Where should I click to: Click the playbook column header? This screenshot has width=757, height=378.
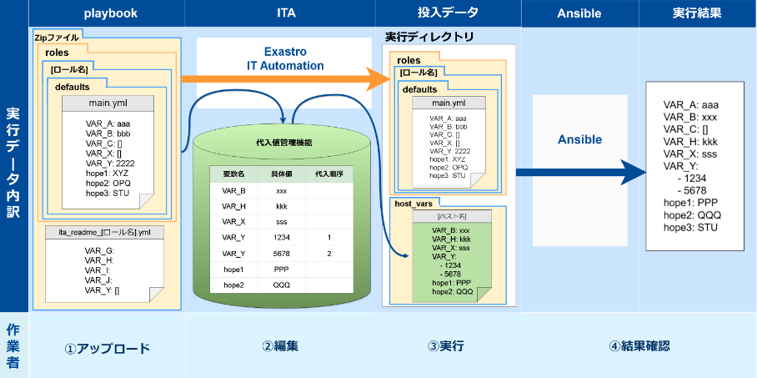(110, 13)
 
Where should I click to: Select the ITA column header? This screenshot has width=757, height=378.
(285, 13)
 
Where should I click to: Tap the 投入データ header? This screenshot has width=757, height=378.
(447, 13)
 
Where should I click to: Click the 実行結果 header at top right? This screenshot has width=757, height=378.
(697, 13)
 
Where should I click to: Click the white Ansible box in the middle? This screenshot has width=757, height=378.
(579, 139)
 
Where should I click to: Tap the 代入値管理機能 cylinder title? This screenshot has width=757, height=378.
(283, 143)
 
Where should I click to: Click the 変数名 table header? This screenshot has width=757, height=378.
(233, 174)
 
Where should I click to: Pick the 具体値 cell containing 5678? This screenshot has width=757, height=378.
(281, 253)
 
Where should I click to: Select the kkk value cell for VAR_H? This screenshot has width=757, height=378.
(281, 206)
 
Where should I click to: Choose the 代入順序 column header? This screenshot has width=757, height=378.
(328, 174)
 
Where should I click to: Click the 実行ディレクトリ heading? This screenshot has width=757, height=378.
(429, 37)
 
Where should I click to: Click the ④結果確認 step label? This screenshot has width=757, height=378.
(639, 346)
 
